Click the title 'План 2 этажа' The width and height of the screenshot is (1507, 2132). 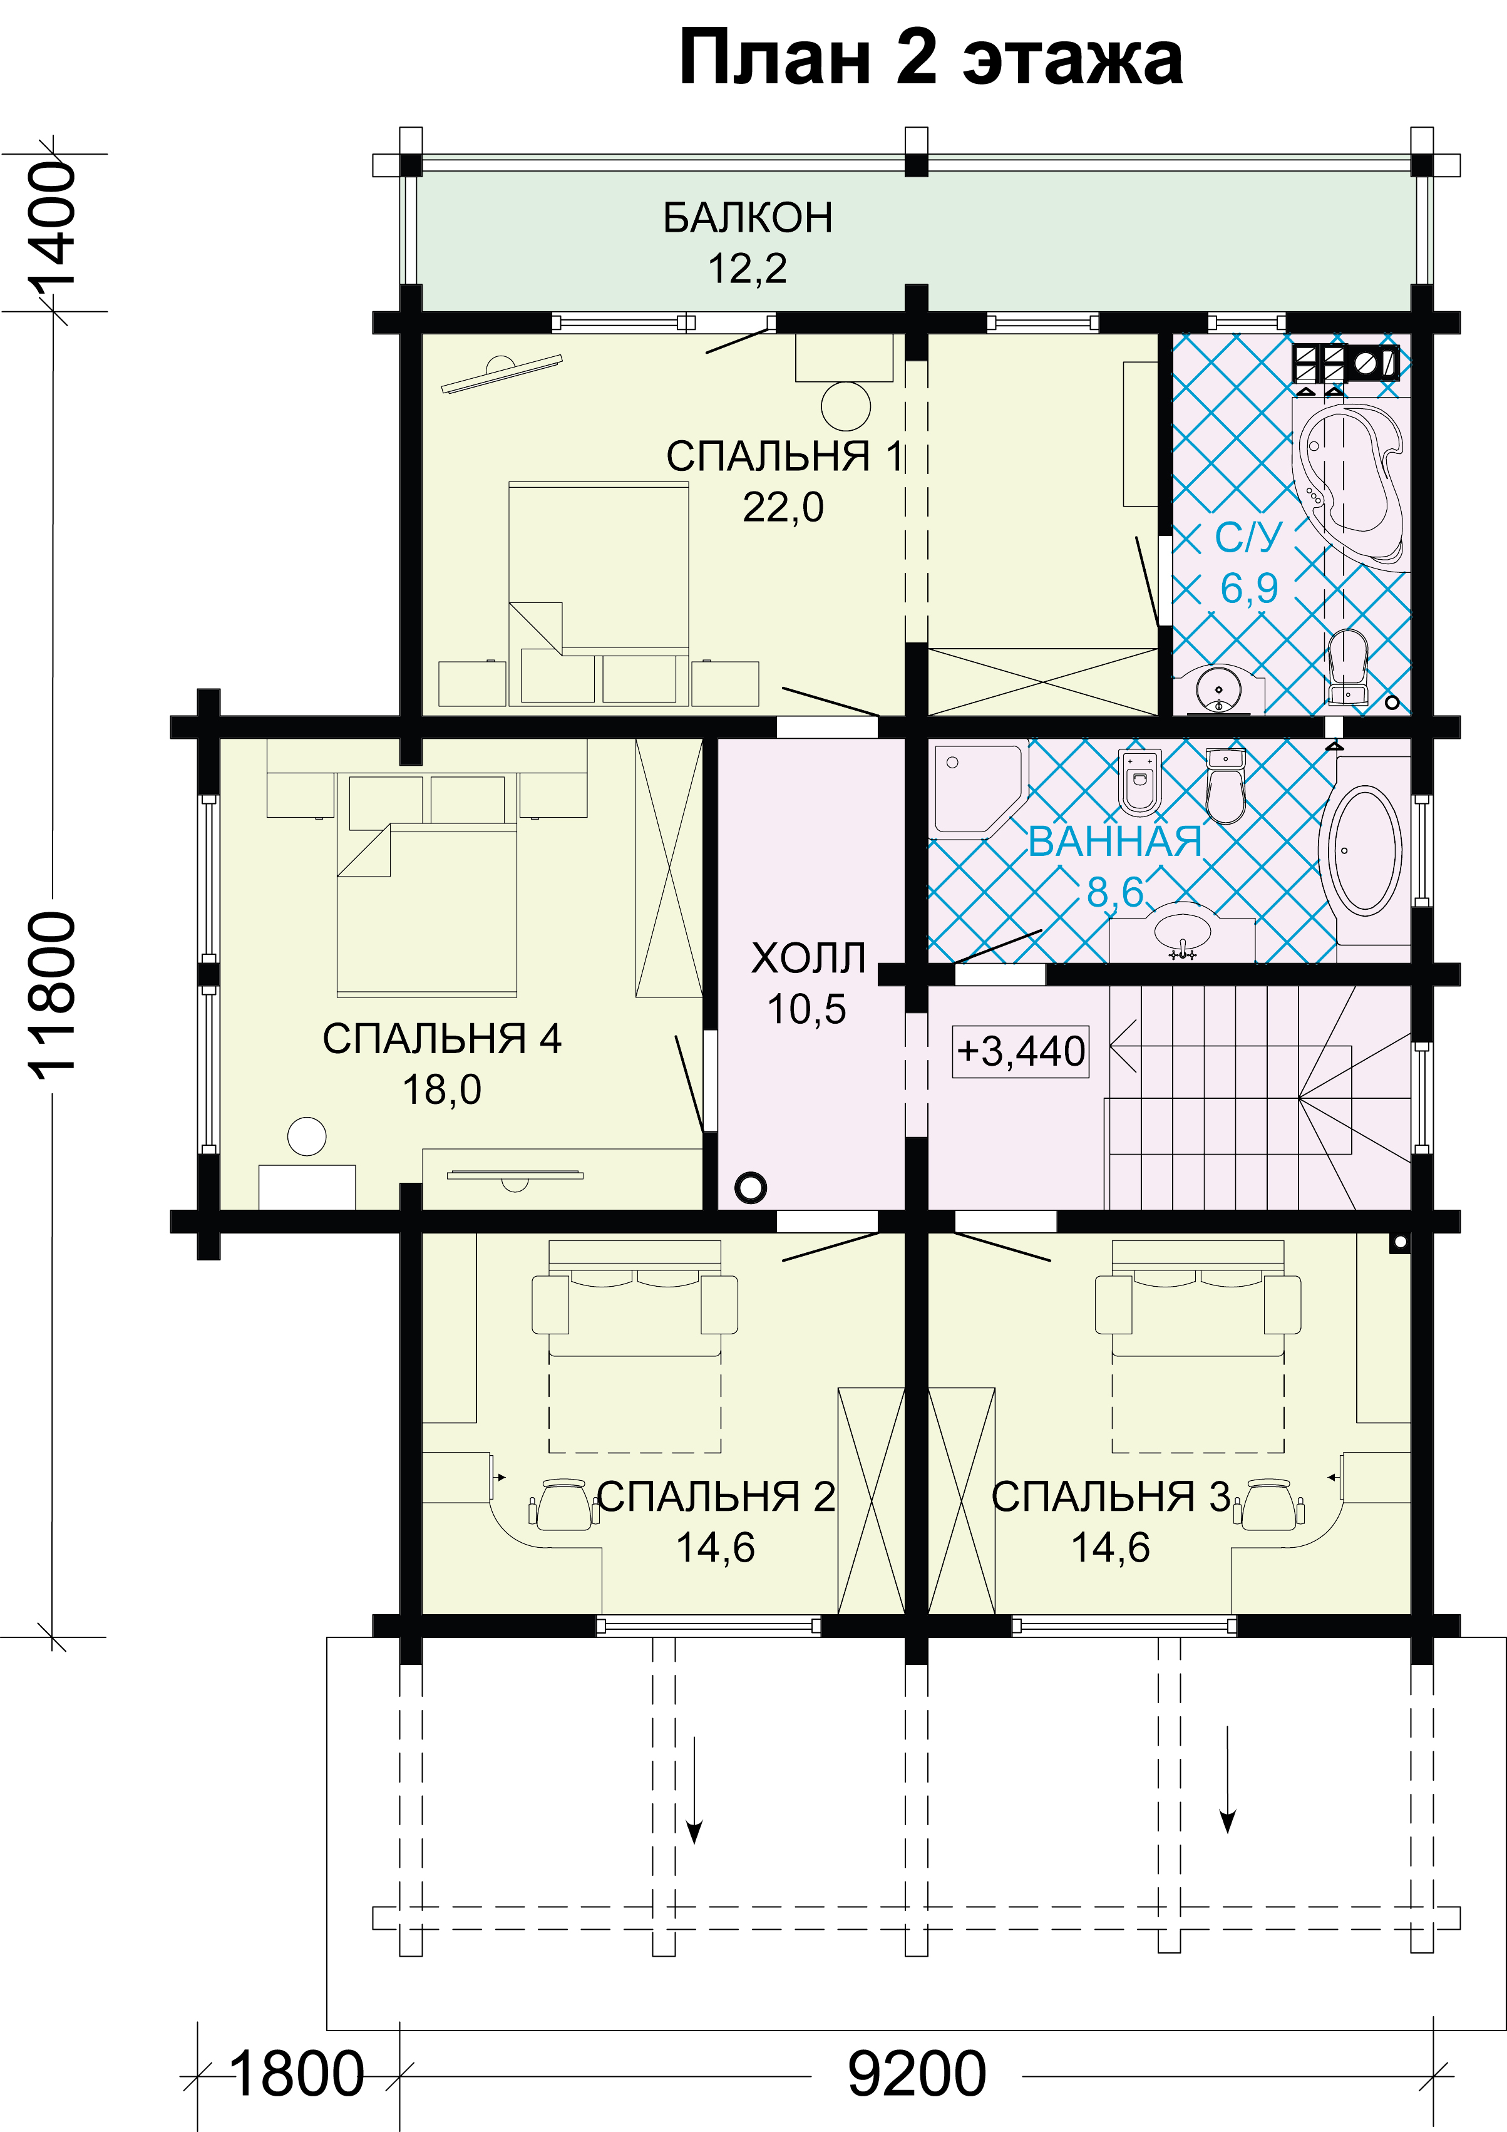930,58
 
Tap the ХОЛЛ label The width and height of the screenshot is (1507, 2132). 808,958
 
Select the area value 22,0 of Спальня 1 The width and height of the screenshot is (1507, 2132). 783,508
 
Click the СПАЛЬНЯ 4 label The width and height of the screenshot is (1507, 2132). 442,1039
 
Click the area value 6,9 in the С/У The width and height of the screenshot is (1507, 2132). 1249,589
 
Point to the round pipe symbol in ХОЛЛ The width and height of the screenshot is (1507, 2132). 750,1187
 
